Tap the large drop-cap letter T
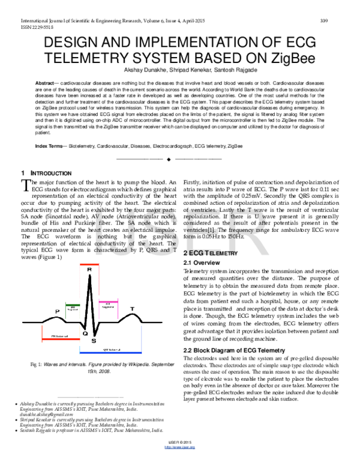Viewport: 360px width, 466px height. coord(25,184)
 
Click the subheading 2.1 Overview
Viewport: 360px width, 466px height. coord(199,263)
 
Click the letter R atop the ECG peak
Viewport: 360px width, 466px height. coord(89,270)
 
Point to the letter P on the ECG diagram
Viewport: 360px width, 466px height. coord(58,311)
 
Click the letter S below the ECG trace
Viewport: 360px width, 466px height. coord(94,340)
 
